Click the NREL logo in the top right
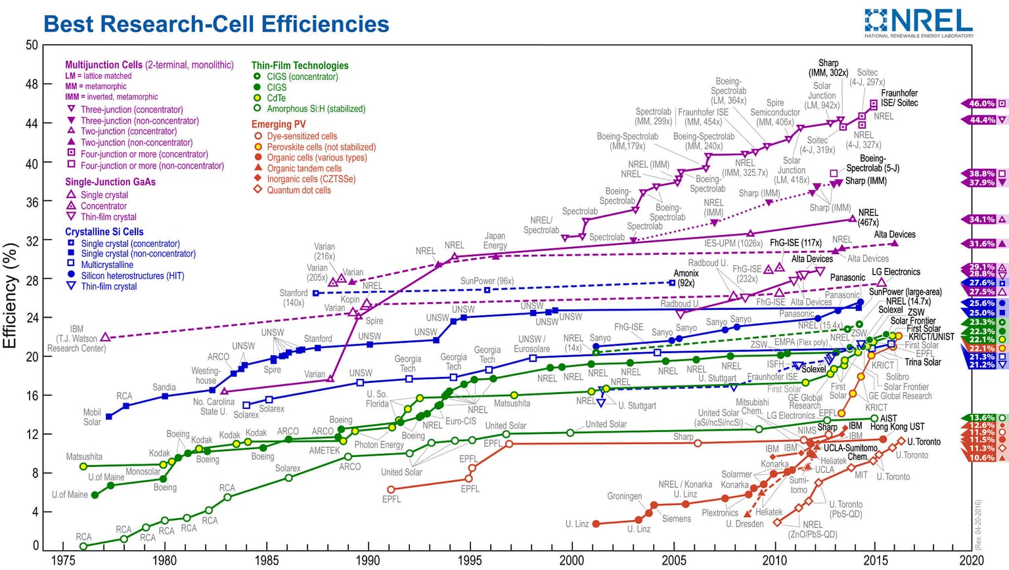tap(918, 22)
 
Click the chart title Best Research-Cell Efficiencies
tap(216, 24)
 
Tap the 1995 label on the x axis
tap(470, 559)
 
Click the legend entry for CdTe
tap(276, 98)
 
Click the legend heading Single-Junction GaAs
tap(110, 182)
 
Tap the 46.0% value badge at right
tap(981, 103)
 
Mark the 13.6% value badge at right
tap(981, 418)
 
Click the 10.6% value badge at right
tap(981, 458)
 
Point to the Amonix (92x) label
tap(686, 278)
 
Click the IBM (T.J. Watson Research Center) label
tap(76, 338)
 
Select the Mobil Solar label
tap(92, 417)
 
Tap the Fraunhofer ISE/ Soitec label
tap(899, 98)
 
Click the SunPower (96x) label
tap(487, 280)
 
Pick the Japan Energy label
tap(495, 241)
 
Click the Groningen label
tap(624, 496)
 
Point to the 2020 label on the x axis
tap(972, 559)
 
